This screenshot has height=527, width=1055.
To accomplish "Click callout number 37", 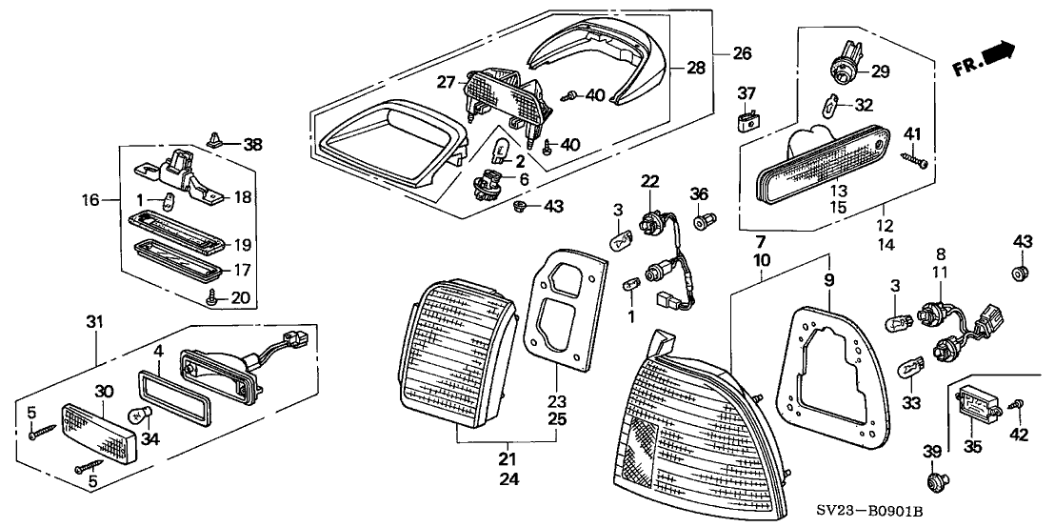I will [x=747, y=92].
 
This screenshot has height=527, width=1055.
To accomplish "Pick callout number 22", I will [x=649, y=181].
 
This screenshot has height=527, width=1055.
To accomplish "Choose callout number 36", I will [x=700, y=193].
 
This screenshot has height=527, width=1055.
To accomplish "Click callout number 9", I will [x=827, y=279].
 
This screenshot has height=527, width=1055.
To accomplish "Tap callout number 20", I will [x=242, y=297].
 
